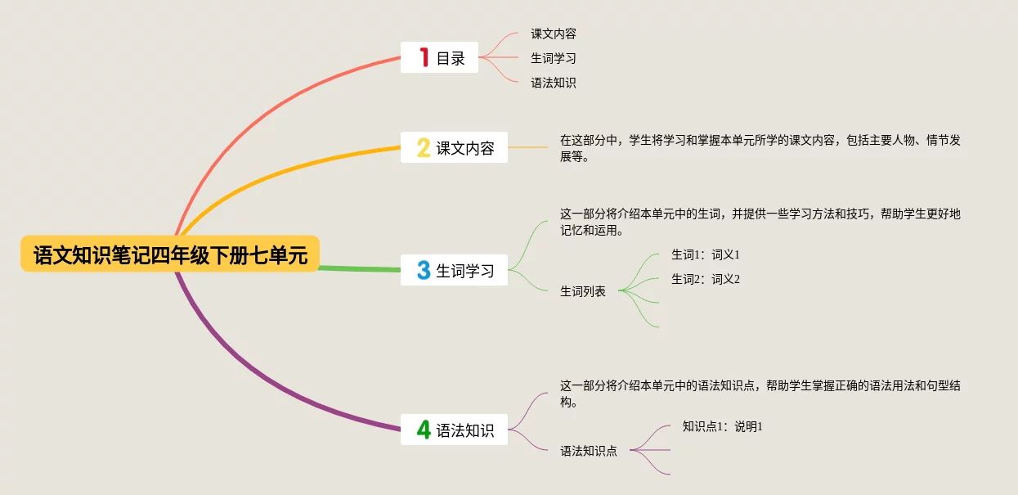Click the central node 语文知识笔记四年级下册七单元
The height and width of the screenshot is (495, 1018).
click(170, 254)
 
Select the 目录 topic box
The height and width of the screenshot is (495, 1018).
click(439, 57)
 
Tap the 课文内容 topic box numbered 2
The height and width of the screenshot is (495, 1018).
click(454, 147)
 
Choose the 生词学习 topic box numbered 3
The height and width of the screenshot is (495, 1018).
click(454, 270)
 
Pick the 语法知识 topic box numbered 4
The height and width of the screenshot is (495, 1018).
click(454, 429)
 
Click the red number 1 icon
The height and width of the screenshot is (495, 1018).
click(424, 57)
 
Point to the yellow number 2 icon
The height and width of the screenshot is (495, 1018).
click(424, 147)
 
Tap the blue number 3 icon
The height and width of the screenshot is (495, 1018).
click(424, 270)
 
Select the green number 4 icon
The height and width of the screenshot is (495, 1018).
click(424, 429)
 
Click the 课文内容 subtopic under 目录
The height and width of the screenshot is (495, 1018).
click(554, 34)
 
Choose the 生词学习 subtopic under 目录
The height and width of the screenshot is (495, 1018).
click(554, 58)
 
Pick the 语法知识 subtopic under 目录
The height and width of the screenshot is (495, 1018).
click(554, 83)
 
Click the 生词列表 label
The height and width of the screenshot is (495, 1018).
click(583, 290)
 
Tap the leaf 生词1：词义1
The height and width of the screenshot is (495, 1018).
click(705, 254)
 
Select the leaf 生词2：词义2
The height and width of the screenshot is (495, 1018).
click(705, 279)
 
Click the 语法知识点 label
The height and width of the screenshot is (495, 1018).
click(589, 450)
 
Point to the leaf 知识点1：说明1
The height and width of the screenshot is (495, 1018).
click(722, 426)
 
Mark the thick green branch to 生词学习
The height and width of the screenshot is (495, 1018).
click(360, 268)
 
